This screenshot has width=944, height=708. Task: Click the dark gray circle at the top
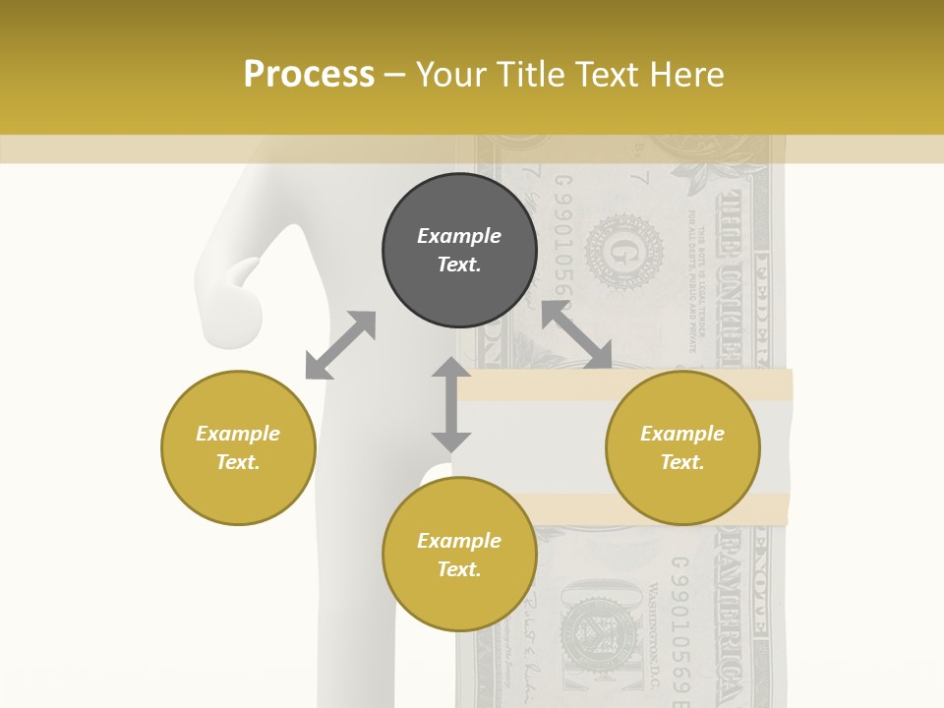pos(459,251)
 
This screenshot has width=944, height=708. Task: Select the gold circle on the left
pos(238,447)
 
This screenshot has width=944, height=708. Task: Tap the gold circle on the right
pos(682,447)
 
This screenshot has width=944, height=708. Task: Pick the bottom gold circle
pos(459,555)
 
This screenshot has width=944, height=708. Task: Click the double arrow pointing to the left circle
pos(340,345)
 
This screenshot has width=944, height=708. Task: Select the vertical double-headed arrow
pos(451,404)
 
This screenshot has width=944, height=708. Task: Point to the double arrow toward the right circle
pos(577,335)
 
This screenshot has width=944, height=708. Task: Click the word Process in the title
pos(309,74)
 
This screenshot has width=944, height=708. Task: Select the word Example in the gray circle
pos(459,236)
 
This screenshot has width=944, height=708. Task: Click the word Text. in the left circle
pos(238,462)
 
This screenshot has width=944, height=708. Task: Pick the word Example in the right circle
pos(682,434)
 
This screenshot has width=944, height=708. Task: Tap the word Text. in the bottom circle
pos(459,569)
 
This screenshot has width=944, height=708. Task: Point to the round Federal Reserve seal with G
pos(623,253)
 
